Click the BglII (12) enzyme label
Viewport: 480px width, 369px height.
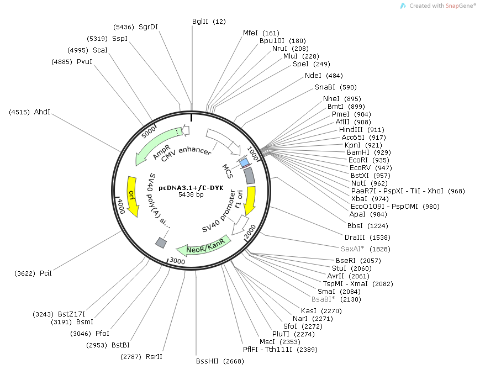(209, 22)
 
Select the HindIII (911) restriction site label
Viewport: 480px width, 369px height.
(362, 129)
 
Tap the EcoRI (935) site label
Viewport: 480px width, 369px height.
(369, 160)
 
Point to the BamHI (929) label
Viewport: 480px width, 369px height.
(369, 152)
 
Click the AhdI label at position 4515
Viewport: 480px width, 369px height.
(29, 112)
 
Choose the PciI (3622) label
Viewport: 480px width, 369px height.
(33, 273)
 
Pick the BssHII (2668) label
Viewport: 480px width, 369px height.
(220, 361)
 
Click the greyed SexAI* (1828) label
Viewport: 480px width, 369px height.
(366, 249)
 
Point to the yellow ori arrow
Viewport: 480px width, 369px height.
(133, 197)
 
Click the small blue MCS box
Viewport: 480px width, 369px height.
(244, 163)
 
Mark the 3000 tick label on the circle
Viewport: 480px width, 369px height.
(177, 261)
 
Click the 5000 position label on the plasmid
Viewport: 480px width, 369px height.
(149, 132)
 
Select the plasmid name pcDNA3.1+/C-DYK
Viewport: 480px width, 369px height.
(191, 188)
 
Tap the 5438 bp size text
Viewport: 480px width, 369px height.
(191, 194)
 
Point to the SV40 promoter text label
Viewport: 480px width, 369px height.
(219, 212)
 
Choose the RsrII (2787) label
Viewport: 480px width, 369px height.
(141, 357)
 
